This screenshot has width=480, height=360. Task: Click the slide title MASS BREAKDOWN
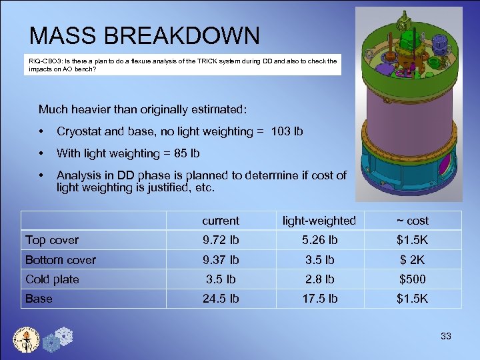click(144, 35)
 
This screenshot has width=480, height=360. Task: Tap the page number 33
click(445, 336)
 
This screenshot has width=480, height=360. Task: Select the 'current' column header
click(220, 221)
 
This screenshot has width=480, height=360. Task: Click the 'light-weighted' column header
click(319, 221)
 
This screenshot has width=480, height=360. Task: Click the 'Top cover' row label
click(52, 240)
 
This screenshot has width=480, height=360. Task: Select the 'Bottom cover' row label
click(61, 260)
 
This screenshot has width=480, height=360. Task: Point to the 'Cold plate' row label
click(52, 279)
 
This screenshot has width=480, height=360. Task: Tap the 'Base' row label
click(39, 299)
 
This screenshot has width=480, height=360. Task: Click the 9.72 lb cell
click(220, 240)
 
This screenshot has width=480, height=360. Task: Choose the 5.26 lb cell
click(319, 240)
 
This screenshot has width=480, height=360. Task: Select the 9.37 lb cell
click(220, 260)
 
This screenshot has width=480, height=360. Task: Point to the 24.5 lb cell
click(220, 299)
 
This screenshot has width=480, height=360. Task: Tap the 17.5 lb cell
click(319, 299)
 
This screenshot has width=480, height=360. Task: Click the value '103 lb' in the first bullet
click(287, 131)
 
